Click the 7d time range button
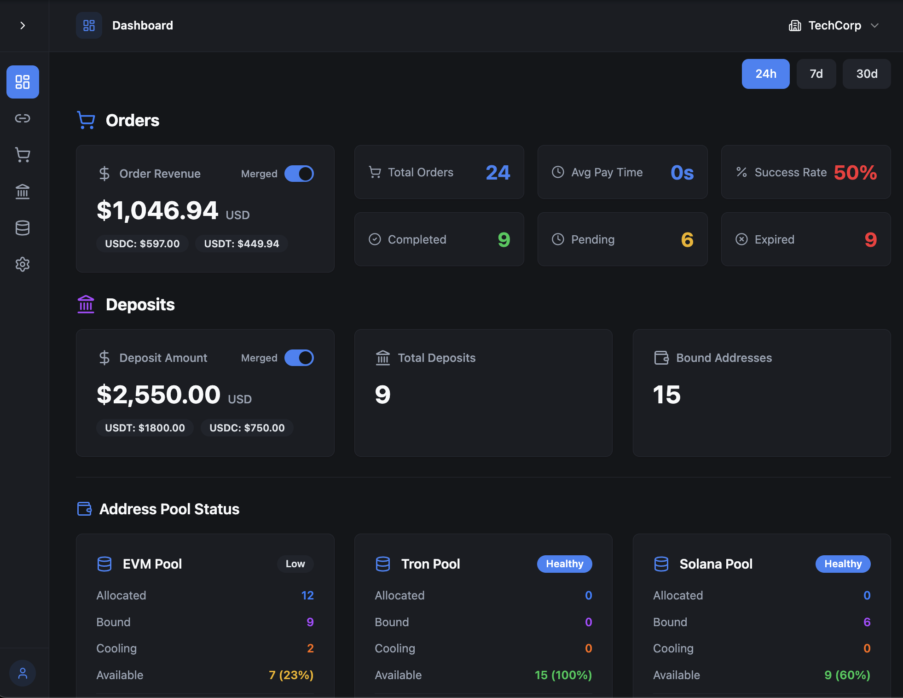tap(816, 74)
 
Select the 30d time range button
tap(866, 74)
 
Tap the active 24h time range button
tap(765, 74)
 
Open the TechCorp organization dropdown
tap(834, 26)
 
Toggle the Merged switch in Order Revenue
tap(299, 174)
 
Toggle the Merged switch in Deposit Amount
tap(299, 358)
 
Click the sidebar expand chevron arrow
tap(23, 26)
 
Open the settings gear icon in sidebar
tap(23, 264)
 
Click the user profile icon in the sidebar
tap(23, 674)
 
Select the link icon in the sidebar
tap(23, 118)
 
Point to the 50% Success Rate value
tap(855, 173)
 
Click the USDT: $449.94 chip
tap(242, 244)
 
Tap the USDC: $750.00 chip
tap(247, 428)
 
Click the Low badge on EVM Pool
tap(295, 564)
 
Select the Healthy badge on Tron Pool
tap(564, 564)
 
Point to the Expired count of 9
tap(870, 239)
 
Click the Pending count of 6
tap(687, 239)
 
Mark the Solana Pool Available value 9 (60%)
tap(847, 675)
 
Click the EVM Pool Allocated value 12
tap(307, 595)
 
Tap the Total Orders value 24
tap(498, 173)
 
